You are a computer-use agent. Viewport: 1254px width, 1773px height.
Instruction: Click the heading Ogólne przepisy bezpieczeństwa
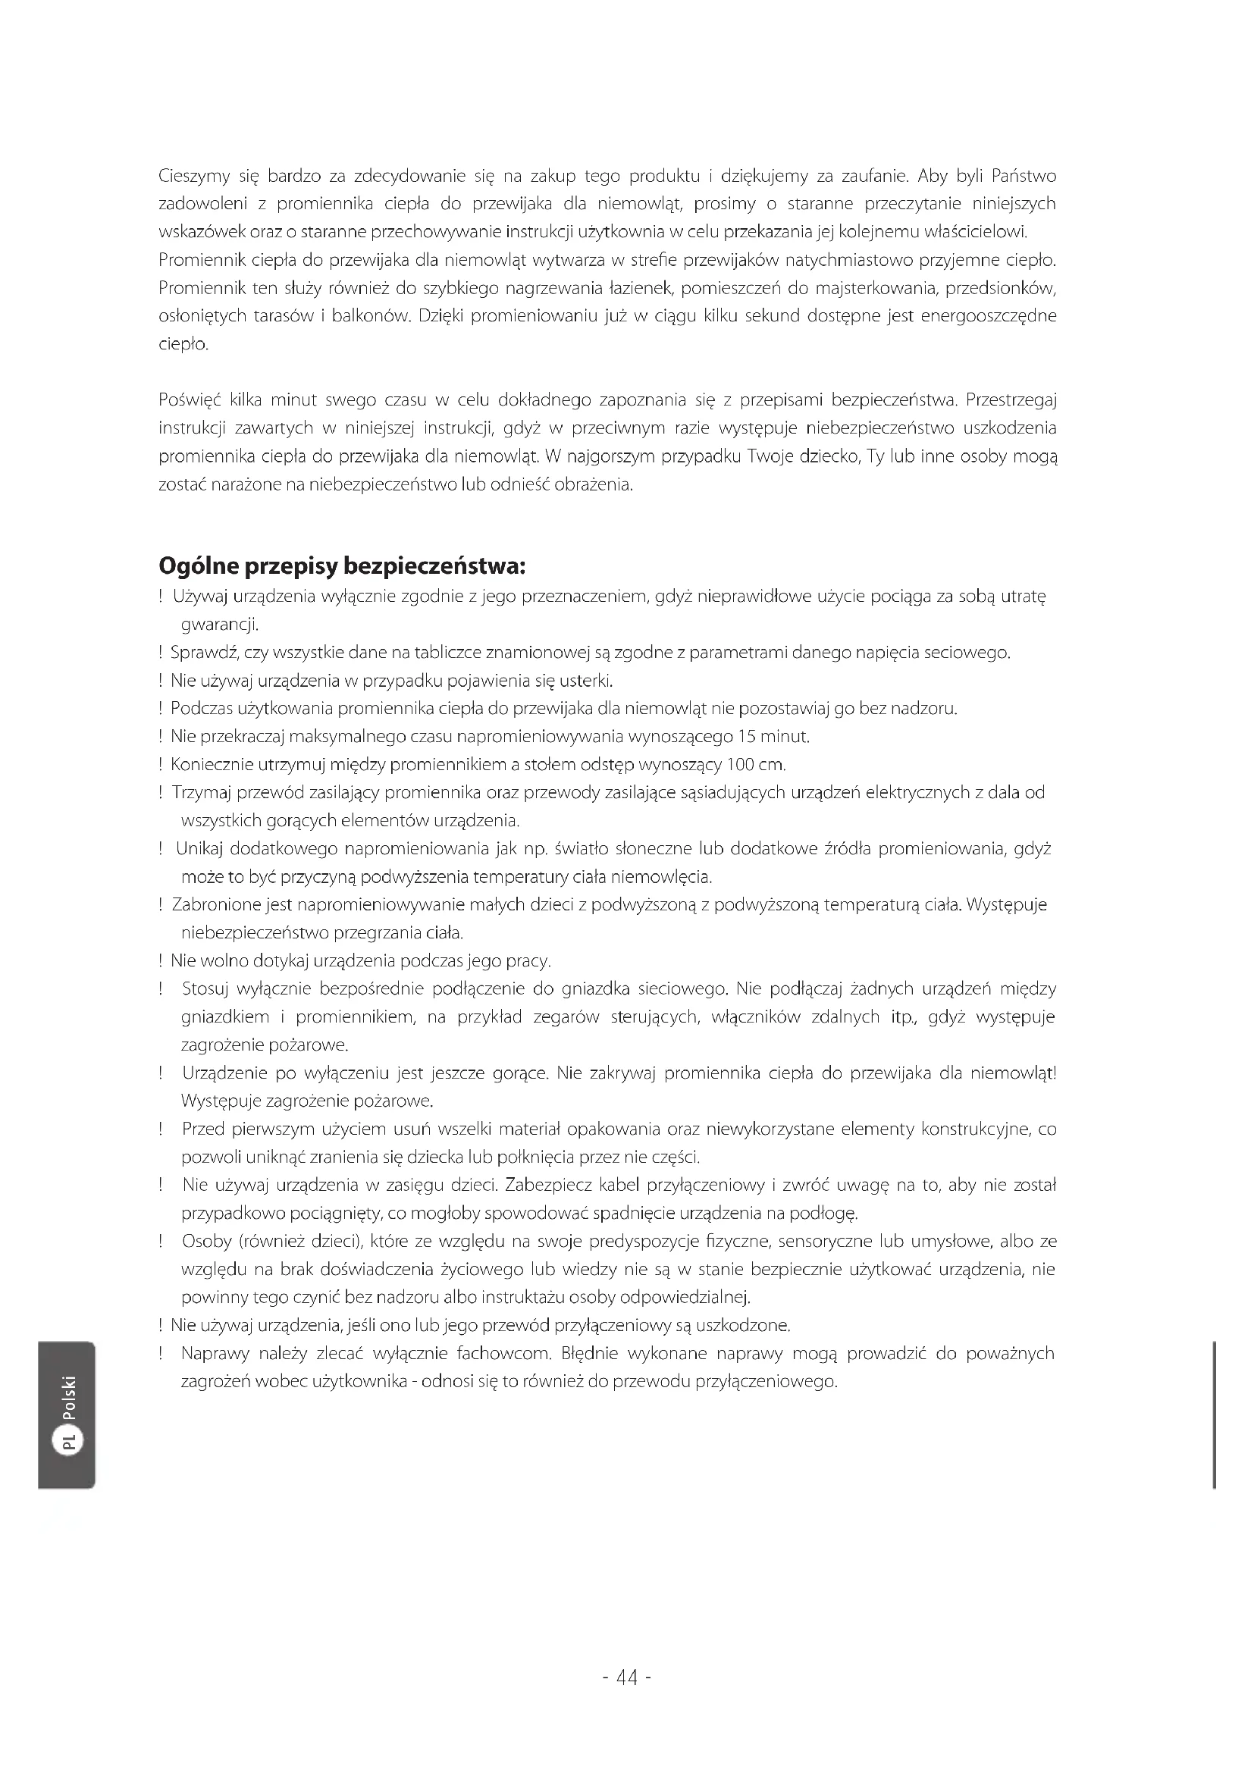(342, 566)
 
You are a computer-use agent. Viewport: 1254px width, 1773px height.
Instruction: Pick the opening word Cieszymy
(194, 177)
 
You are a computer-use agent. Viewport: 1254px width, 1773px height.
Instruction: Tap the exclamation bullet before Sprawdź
(161, 653)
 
